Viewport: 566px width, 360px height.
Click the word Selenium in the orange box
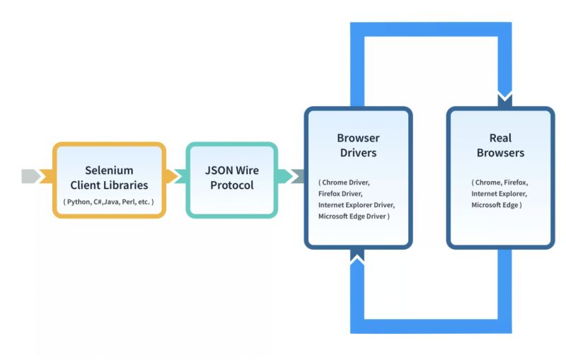(109, 170)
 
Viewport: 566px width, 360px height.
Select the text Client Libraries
(109, 185)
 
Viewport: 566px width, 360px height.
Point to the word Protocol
(232, 185)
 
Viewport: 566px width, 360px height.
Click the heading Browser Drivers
(357, 145)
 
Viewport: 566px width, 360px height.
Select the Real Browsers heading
(499, 145)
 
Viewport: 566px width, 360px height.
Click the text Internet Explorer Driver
(357, 204)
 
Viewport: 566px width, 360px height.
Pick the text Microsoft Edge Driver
(353, 216)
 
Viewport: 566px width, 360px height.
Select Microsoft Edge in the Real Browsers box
(497, 204)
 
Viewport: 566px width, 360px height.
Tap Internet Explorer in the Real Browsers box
(499, 193)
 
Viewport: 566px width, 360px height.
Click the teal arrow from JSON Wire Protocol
(289, 176)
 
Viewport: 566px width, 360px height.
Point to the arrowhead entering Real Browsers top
(504, 99)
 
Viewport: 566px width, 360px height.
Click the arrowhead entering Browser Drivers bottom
(358, 256)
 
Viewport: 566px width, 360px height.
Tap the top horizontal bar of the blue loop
(431, 30)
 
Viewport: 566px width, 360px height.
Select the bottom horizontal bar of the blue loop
(431, 325)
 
